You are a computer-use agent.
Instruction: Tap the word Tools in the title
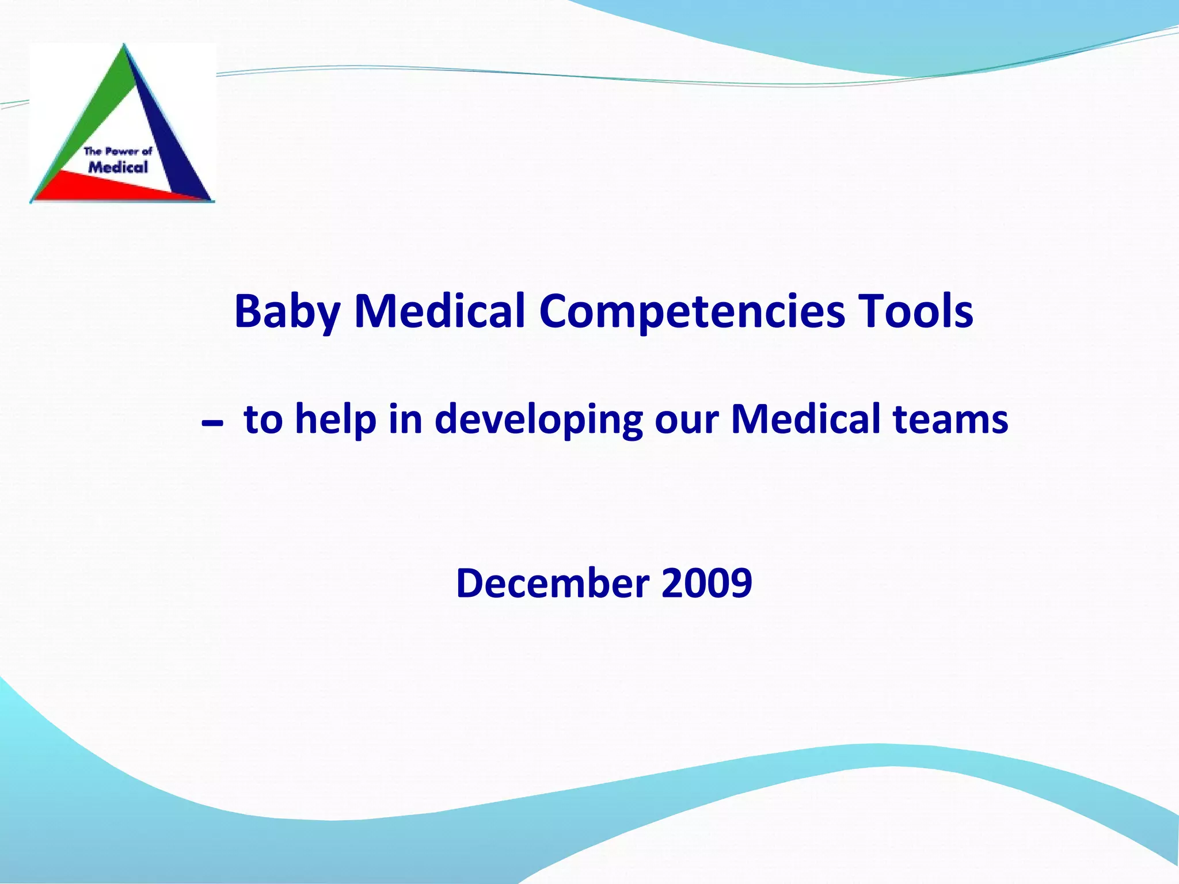click(915, 311)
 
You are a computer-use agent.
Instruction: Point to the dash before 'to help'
click(212, 425)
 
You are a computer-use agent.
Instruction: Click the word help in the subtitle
click(336, 418)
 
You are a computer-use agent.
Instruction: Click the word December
click(553, 583)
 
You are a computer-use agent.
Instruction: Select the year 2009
click(706, 583)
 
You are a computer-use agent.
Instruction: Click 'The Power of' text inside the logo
click(118, 151)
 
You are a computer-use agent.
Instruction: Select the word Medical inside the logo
click(118, 167)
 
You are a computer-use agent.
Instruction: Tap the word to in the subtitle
click(263, 418)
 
